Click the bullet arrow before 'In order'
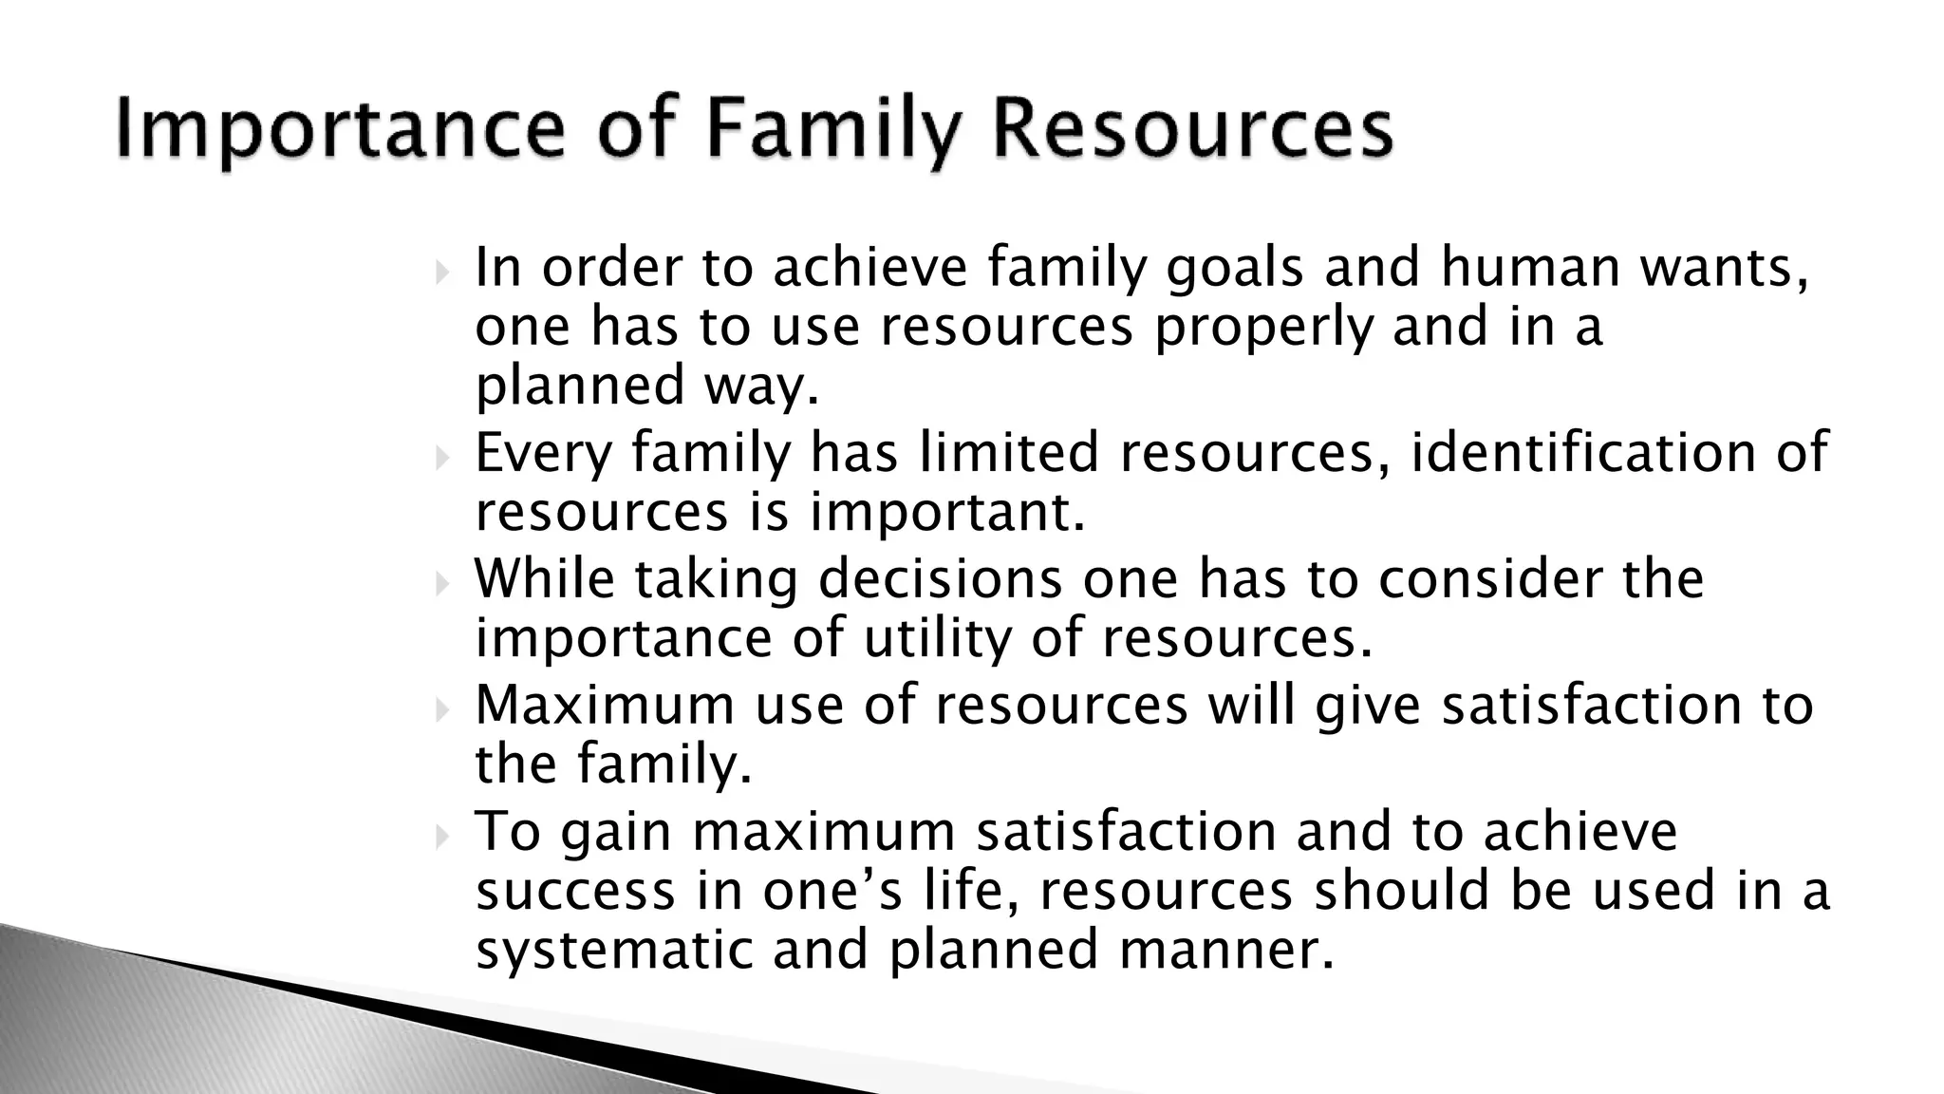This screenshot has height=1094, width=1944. pos(441,274)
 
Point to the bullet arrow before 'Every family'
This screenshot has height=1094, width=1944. pos(441,460)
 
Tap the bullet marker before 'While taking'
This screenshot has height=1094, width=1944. pos(441,585)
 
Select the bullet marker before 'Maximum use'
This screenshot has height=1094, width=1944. pos(441,710)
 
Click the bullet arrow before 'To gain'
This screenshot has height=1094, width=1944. pos(441,837)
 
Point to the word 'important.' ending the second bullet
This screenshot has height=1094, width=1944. pos(946,513)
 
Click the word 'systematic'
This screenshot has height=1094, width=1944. pos(614,950)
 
